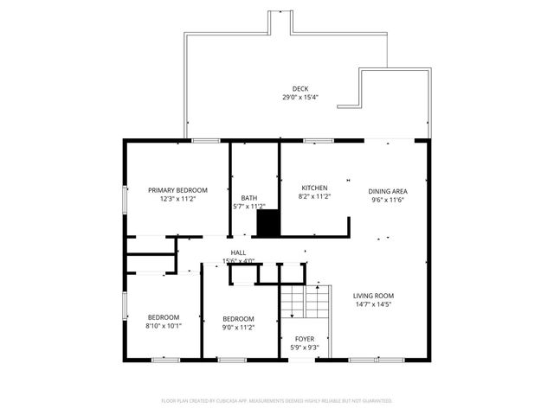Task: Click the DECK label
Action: (300, 88)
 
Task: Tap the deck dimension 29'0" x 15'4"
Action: (300, 98)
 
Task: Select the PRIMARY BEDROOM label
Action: (177, 190)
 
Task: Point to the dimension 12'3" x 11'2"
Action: (177, 199)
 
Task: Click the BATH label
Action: (249, 198)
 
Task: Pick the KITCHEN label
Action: (314, 188)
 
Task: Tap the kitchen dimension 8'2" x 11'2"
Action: (314, 196)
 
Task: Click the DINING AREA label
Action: (387, 191)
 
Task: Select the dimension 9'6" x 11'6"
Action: (387, 200)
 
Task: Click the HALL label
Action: (238, 252)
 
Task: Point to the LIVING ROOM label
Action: (373, 296)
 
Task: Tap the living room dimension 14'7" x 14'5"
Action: (373, 304)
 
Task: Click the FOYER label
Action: (305, 339)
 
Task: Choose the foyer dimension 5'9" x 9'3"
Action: (305, 348)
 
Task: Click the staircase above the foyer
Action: (305, 303)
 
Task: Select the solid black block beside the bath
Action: (269, 223)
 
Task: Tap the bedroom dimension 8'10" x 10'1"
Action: (163, 327)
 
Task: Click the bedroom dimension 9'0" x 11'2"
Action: (238, 328)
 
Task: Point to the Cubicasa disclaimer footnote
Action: (277, 401)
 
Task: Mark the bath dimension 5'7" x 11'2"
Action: (249, 207)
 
